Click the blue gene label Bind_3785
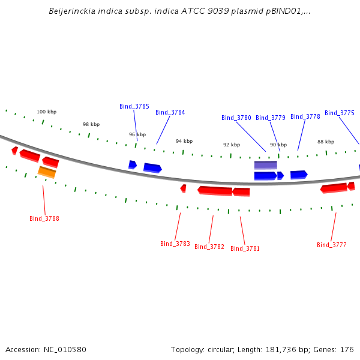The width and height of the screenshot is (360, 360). pyautogui.click(x=134, y=106)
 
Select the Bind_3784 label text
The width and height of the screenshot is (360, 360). pyautogui.click(x=170, y=112)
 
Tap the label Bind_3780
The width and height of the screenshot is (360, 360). pyautogui.click(x=236, y=118)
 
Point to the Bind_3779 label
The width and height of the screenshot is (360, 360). pyautogui.click(x=271, y=118)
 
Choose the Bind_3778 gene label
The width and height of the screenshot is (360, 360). pyautogui.click(x=305, y=116)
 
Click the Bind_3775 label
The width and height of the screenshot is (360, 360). pyautogui.click(x=340, y=113)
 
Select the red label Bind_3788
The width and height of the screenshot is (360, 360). pyautogui.click(x=44, y=218)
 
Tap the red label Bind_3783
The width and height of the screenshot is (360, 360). pyautogui.click(x=175, y=244)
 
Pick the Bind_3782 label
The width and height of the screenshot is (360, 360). pyautogui.click(x=209, y=247)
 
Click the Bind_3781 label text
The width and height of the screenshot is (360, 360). pyautogui.click(x=245, y=248)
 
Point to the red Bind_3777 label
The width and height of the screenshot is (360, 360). pyautogui.click(x=332, y=245)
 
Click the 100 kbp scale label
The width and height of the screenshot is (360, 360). pyautogui.click(x=47, y=112)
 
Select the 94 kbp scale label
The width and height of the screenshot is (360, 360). pyautogui.click(x=184, y=141)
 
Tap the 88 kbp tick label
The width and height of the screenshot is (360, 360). pyautogui.click(x=326, y=142)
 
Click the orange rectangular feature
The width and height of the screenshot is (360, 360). pyautogui.click(x=47, y=172)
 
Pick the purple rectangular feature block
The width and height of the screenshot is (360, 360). pyautogui.click(x=266, y=165)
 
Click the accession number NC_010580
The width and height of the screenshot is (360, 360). pyautogui.click(x=65, y=350)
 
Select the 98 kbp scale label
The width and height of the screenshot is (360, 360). pyautogui.click(x=91, y=124)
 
